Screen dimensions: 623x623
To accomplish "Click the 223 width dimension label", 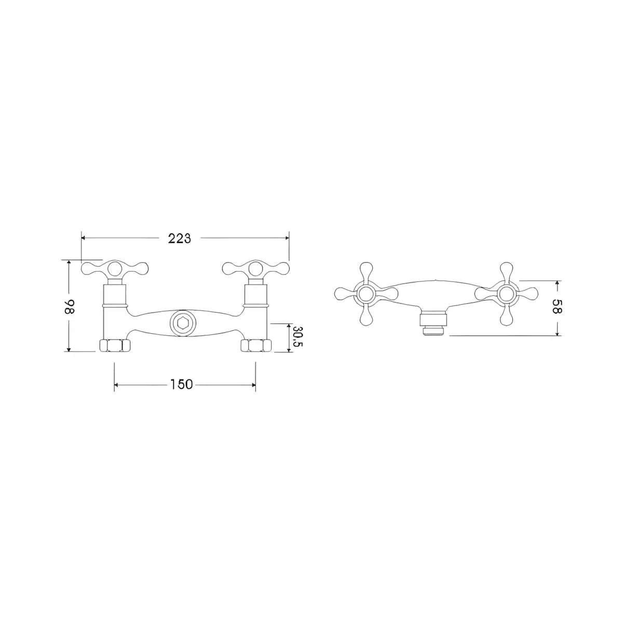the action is click(x=180, y=238).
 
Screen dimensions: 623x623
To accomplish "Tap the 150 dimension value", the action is click(x=181, y=384).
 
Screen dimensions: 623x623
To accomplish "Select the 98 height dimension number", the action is click(x=71, y=307).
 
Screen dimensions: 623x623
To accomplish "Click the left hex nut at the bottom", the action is click(x=114, y=345).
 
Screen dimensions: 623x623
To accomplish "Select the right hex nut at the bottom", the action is click(x=256, y=345).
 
